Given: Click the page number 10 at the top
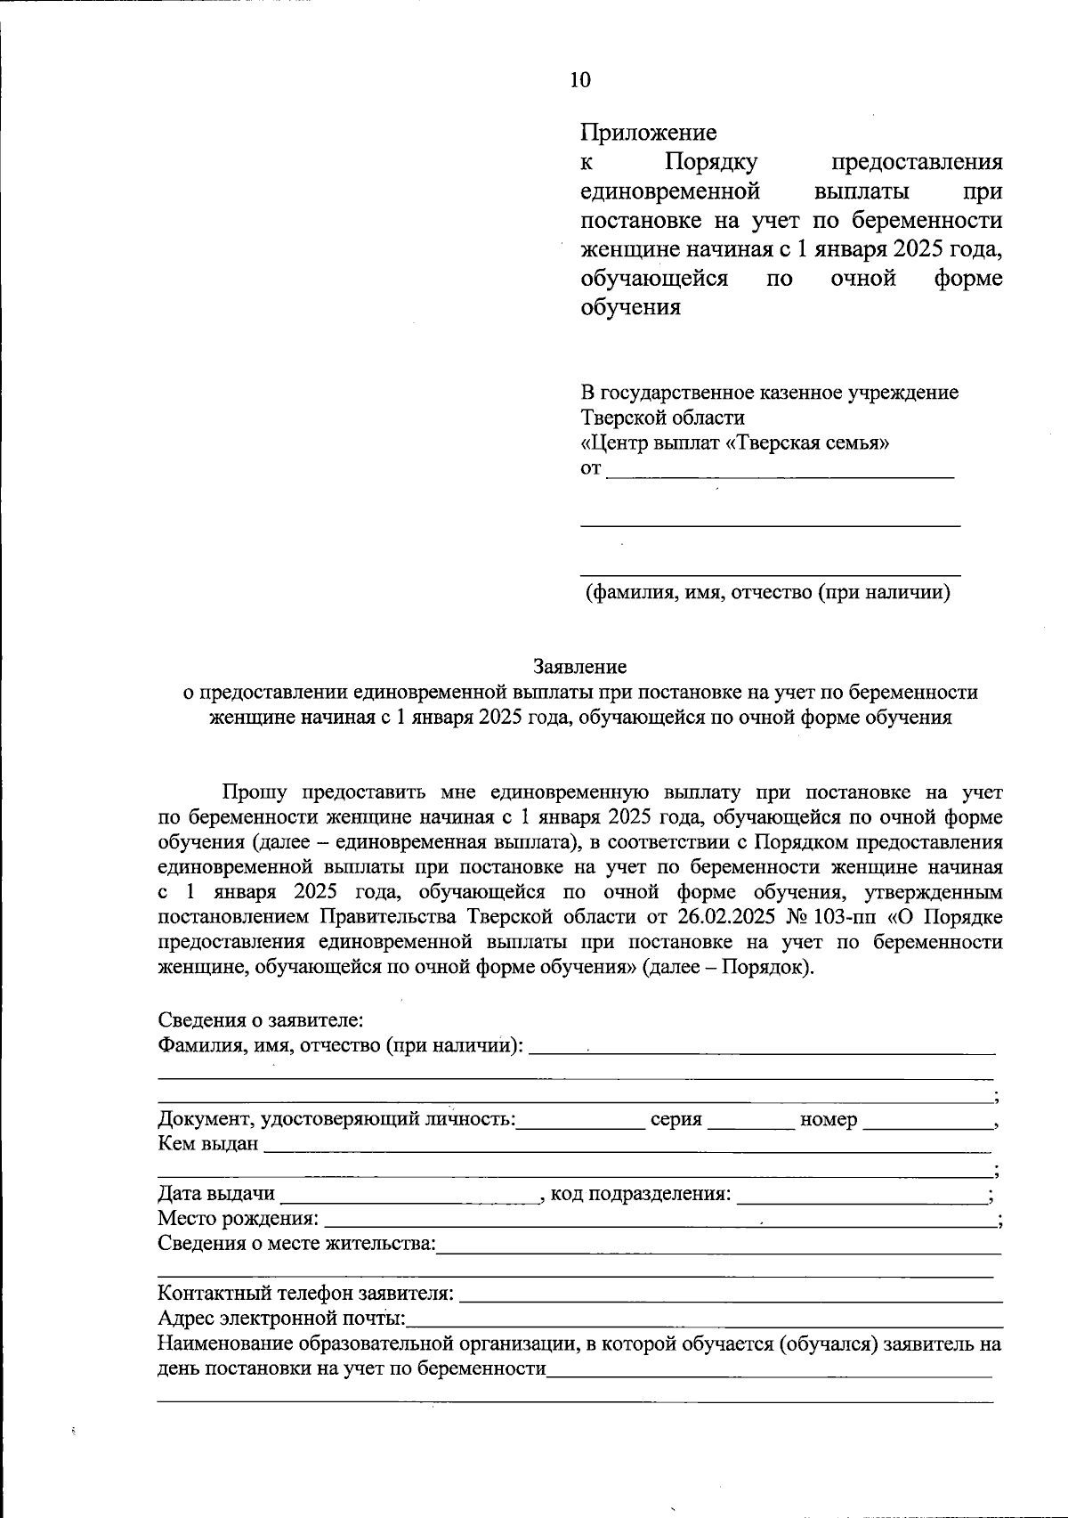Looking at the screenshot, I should pos(579,80).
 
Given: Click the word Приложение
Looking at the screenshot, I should pos(648,134).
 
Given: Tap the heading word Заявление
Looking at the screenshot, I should pos(579,666).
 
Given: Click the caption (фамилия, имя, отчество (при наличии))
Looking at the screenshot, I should pos(767,593).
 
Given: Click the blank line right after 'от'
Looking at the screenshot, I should pos(779,472).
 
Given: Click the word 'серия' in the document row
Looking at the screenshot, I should pos(676,1120).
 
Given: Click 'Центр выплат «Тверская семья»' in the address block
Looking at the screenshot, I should pos(734,442).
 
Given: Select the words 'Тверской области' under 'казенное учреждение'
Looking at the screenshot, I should pos(662,418).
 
